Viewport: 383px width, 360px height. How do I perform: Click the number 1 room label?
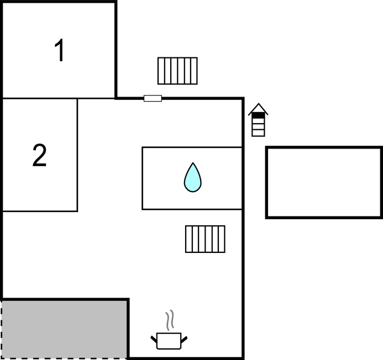pyautogui.click(x=59, y=51)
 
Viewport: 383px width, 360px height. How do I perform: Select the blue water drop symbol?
pyautogui.click(x=192, y=177)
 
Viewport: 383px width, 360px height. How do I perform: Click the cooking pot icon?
pyautogui.click(x=169, y=340)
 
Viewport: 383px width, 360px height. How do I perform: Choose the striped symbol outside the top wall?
pyautogui.click(x=177, y=71)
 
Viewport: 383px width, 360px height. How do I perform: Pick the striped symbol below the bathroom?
pyautogui.click(x=205, y=239)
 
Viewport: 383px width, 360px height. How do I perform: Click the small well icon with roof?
pyautogui.click(x=258, y=120)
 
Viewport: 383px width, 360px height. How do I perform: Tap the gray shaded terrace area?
pyautogui.click(x=65, y=329)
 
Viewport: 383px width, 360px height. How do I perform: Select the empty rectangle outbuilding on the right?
pyautogui.click(x=324, y=182)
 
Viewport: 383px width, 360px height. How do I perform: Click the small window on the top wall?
pyautogui.click(x=153, y=98)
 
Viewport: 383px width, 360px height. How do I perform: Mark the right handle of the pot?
pyautogui.click(x=185, y=338)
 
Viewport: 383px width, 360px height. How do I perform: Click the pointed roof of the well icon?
pyautogui.click(x=258, y=108)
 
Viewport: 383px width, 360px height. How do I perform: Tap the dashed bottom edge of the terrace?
pyautogui.click(x=65, y=358)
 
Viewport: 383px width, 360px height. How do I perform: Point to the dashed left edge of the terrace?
pyautogui.click(x=2, y=329)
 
